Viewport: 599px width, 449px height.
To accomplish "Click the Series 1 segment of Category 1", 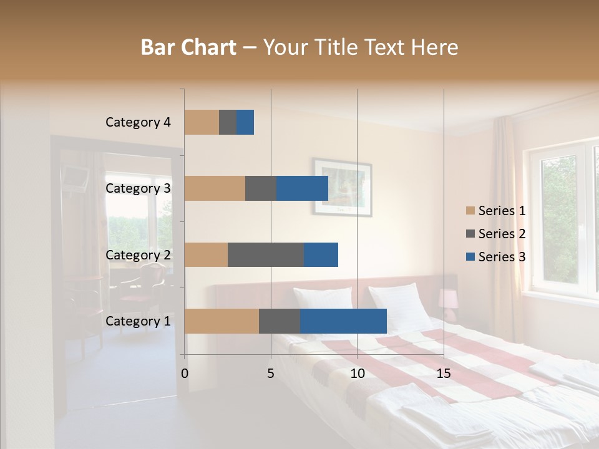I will [x=222, y=321].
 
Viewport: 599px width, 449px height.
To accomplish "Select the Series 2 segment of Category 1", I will [x=280, y=321].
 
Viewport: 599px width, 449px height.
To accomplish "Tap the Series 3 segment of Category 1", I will [x=343, y=321].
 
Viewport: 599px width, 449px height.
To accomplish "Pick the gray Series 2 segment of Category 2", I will [x=266, y=254].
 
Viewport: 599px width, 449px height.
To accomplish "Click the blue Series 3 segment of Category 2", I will [x=321, y=254].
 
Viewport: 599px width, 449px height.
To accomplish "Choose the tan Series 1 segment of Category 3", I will [x=215, y=188].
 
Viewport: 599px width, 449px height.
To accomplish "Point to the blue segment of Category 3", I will [x=302, y=188].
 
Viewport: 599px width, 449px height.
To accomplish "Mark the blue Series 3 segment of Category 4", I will [x=245, y=122].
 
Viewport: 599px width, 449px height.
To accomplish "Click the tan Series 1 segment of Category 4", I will [x=202, y=122].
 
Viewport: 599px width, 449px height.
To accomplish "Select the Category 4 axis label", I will [x=138, y=122].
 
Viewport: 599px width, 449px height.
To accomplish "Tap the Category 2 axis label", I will [x=138, y=254].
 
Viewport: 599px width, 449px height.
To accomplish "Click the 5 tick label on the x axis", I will [x=271, y=374].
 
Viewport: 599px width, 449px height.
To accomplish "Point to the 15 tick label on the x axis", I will [x=443, y=374].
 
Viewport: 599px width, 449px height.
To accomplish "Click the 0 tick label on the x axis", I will [x=185, y=374].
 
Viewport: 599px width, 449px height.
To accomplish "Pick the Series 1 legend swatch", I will [x=470, y=211].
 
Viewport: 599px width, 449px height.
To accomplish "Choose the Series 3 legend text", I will [x=502, y=257].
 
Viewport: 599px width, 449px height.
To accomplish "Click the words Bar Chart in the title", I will [x=188, y=47].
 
